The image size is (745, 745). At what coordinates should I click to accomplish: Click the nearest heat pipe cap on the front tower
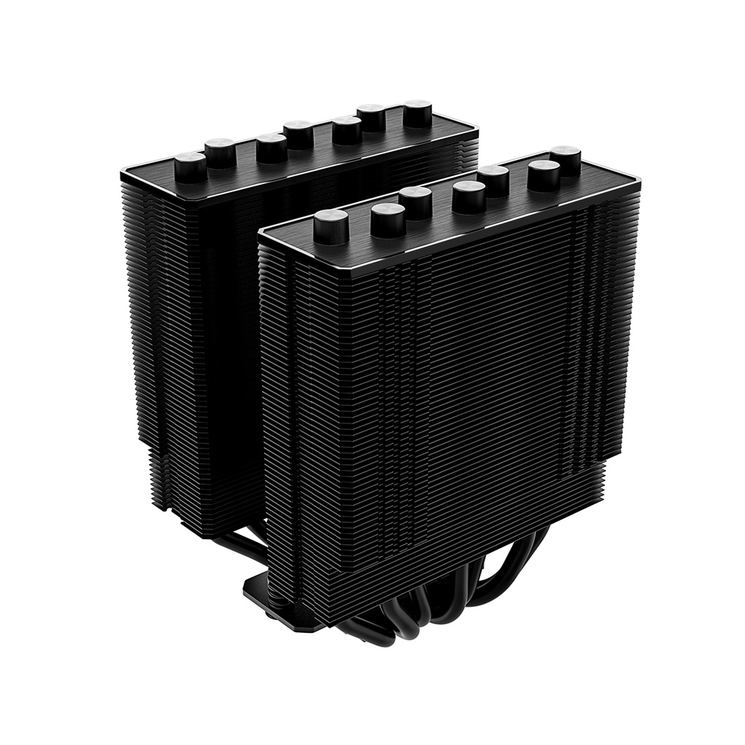coord(331,226)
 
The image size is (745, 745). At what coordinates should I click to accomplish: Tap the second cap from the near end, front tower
coord(388,218)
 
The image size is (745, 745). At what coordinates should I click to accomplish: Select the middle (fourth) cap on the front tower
coord(469,196)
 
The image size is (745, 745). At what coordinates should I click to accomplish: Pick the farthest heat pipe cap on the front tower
coord(565,159)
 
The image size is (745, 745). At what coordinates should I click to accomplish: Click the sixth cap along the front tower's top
coord(543,175)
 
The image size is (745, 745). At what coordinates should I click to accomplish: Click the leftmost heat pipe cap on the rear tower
coord(191,167)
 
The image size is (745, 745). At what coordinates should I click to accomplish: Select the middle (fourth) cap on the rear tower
coord(298,134)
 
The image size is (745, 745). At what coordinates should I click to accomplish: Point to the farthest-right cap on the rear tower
coord(417,113)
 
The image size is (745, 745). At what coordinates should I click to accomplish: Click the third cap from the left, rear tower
coord(271,148)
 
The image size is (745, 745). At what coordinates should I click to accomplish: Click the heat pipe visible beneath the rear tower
coord(233,542)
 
